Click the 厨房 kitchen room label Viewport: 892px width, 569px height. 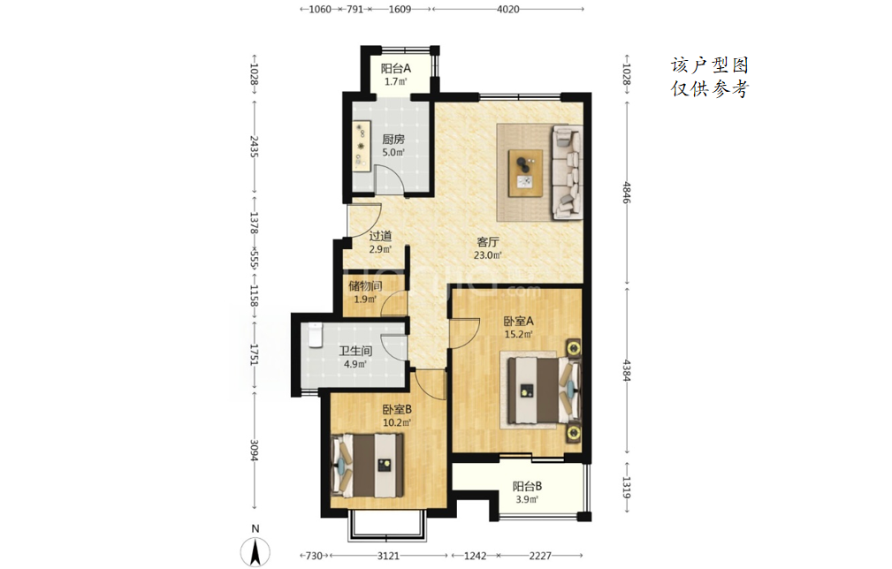393,140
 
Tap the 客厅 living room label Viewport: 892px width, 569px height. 487,242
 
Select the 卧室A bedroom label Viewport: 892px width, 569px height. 518,321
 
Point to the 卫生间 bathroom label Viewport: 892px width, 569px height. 355,352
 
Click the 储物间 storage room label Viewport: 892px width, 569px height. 365,286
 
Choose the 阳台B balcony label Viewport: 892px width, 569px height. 527,487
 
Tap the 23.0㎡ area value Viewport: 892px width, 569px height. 487,255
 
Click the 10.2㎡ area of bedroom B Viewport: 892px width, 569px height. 397,422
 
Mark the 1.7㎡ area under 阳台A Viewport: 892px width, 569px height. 395,81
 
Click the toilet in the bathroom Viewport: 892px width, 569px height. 315,334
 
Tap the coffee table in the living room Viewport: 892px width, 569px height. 526,173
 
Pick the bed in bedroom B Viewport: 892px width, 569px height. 368,465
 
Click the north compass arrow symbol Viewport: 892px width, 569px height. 255,551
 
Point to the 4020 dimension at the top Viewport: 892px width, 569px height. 507,9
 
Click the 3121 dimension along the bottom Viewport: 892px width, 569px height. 389,556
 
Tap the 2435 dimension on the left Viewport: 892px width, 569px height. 255,147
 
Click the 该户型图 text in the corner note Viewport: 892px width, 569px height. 709,65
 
